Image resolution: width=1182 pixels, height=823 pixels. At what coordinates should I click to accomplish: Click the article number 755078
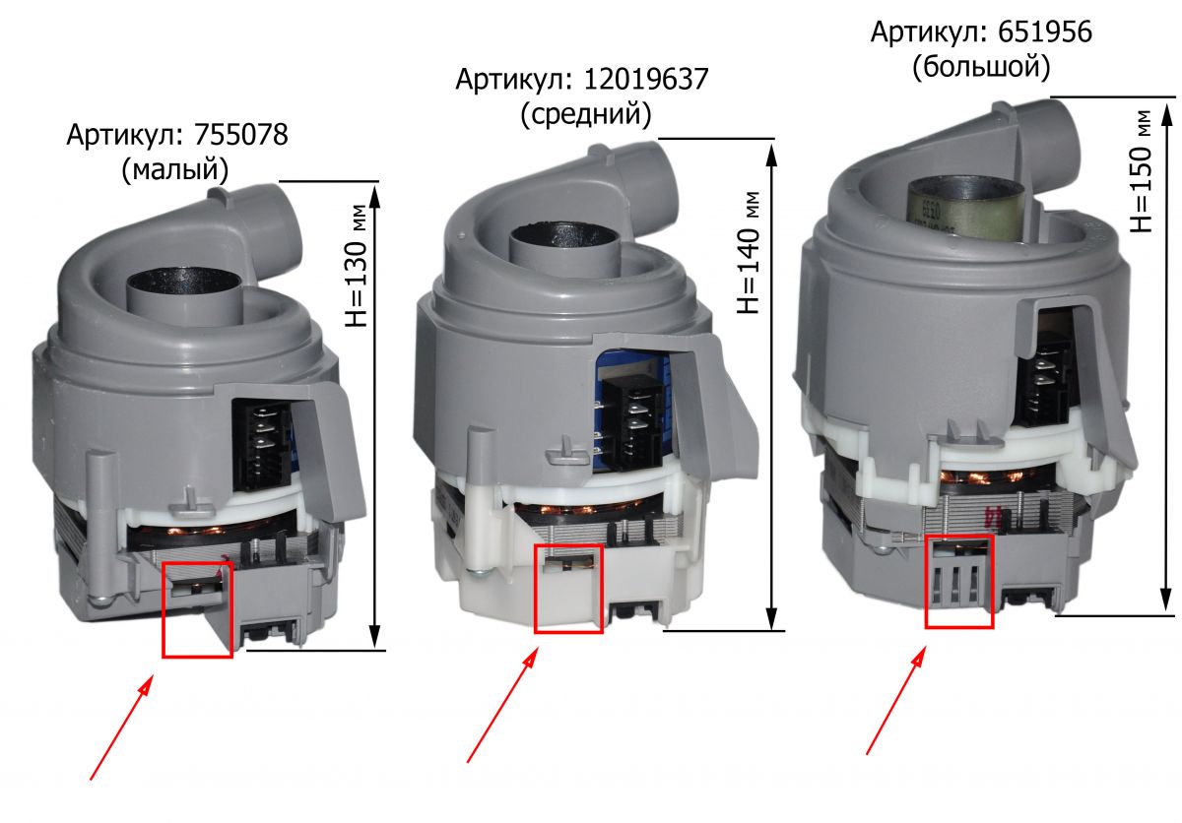[x=241, y=135]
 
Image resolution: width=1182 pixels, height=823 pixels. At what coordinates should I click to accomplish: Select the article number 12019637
[x=646, y=80]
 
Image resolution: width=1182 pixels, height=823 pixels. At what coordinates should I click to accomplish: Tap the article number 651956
[x=1045, y=32]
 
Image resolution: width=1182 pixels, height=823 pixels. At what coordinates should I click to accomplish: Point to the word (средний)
[x=586, y=115]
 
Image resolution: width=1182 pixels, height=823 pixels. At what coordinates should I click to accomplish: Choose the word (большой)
[x=981, y=68]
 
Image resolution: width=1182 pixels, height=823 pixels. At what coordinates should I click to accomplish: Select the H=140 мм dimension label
[x=750, y=253]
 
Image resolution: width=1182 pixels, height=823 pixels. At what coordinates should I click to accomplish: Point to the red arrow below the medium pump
[x=502, y=706]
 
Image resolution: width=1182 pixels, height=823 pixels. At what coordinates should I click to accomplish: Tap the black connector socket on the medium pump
[x=633, y=423]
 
